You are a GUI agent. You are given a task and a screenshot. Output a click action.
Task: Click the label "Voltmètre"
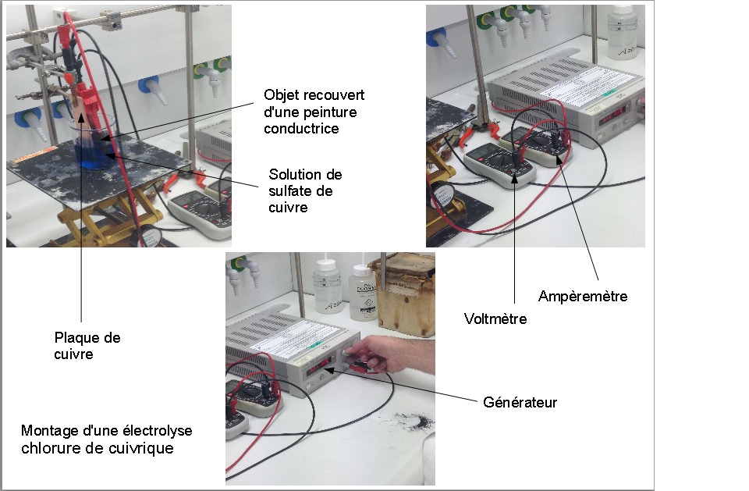pyautogui.click(x=495, y=318)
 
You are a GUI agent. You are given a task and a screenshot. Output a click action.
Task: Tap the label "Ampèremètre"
pyautogui.click(x=583, y=296)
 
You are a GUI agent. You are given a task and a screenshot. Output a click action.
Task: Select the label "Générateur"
pyautogui.click(x=520, y=402)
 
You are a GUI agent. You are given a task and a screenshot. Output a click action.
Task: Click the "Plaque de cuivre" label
pyautogui.click(x=87, y=345)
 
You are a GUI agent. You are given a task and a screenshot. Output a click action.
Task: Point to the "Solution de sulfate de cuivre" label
pyautogui.click(x=305, y=190)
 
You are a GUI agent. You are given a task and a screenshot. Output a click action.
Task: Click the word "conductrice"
pyautogui.click(x=301, y=128)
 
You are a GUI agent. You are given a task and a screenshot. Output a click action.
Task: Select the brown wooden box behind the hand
pyautogui.click(x=406, y=293)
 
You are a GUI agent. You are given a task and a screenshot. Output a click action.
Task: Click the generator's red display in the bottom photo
pyautogui.click(x=319, y=366)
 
